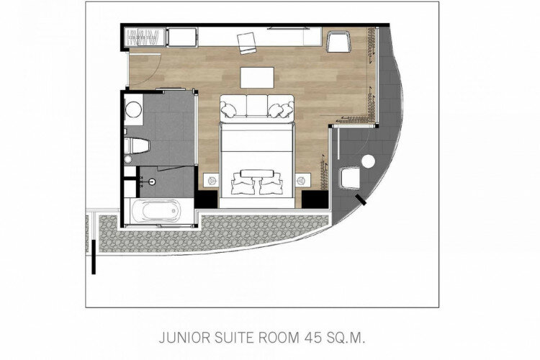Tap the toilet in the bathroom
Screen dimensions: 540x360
(x=137, y=145)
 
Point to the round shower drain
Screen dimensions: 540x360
(x=152, y=182)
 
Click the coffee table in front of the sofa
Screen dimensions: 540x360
(x=257, y=78)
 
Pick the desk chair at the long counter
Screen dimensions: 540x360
(x=246, y=43)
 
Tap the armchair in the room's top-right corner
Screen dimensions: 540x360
(x=338, y=42)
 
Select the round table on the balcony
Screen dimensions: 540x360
(x=369, y=161)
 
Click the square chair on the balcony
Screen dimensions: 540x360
(x=350, y=178)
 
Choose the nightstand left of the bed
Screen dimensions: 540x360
(x=211, y=180)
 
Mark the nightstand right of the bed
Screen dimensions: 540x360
(x=302, y=180)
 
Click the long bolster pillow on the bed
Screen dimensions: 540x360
(x=257, y=174)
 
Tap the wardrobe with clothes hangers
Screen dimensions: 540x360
(x=146, y=37)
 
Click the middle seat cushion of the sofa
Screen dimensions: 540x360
(x=257, y=105)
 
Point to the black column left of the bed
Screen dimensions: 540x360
(x=206, y=199)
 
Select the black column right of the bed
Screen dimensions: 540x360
(x=315, y=199)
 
